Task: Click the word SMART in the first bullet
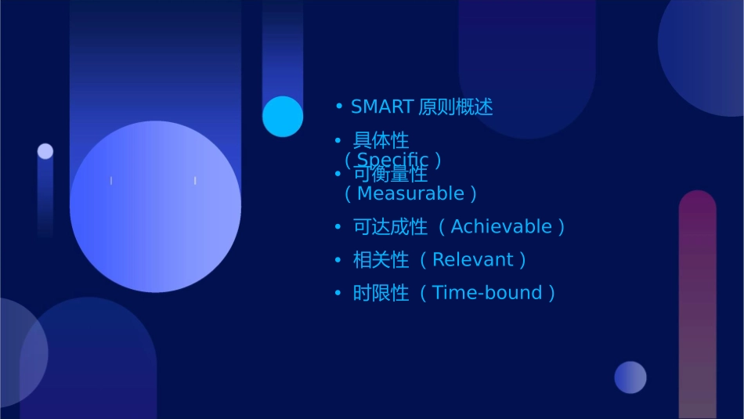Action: [x=381, y=107]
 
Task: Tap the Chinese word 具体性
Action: [x=381, y=140]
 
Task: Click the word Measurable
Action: [x=410, y=193]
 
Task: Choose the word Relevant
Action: [x=472, y=260]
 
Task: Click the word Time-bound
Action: [x=487, y=293]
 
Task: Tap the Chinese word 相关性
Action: [x=381, y=260]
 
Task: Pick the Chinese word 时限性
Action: [x=381, y=293]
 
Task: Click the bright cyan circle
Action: [x=283, y=117]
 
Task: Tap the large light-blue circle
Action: [x=155, y=206]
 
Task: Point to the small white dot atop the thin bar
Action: [x=45, y=151]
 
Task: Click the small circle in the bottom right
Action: [x=630, y=377]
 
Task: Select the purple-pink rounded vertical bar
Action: [x=697, y=305]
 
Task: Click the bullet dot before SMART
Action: [x=338, y=107]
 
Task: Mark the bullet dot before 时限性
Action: [x=338, y=293]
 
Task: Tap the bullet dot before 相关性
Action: [x=338, y=260]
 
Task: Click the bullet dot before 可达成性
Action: [x=338, y=227]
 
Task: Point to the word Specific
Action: [x=392, y=160]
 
